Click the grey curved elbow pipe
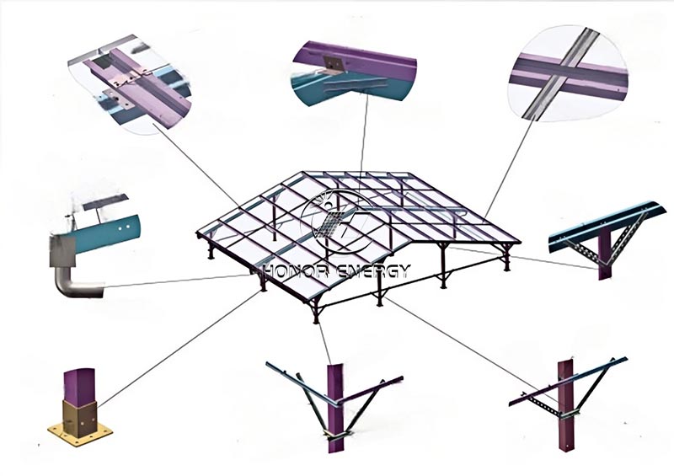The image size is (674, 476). [x=75, y=284]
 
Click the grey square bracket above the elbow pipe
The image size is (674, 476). [x=62, y=252]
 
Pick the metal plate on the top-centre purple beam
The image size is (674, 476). [x=333, y=63]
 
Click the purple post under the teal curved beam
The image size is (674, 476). [x=604, y=257]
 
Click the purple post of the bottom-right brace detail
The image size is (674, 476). [x=566, y=405]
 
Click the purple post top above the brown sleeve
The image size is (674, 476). [x=79, y=386]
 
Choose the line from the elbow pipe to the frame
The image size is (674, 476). [x=177, y=281]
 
